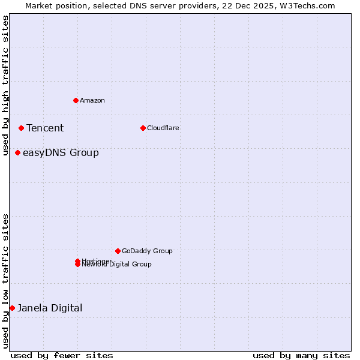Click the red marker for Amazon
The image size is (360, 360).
pos(76,100)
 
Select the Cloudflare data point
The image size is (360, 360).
pos(143,128)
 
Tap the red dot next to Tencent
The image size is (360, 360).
pos(21,128)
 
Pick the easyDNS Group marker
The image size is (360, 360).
pos(17,152)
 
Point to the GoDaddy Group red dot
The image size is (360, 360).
pos(118,251)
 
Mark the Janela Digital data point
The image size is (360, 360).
pos(12,308)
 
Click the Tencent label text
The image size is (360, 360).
pos(45,128)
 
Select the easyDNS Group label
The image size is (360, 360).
pos(61,152)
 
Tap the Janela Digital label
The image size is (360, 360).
pos(50,308)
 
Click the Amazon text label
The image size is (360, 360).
pos(92,100)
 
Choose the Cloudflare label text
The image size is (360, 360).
pos(163,128)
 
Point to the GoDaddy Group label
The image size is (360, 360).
pos(147,251)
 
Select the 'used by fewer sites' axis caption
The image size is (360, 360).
pos(62,355)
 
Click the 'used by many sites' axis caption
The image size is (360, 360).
pos(301,355)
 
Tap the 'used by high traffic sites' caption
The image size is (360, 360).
pos(6,85)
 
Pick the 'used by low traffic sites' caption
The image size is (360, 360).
pos(6,281)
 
